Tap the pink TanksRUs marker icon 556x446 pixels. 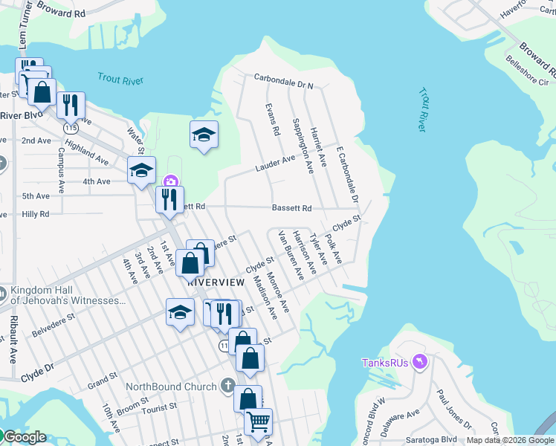pyautogui.click(x=421, y=361)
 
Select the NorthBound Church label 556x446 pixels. pyautogui.click(x=171, y=387)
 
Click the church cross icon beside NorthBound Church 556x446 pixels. pyautogui.click(x=229, y=386)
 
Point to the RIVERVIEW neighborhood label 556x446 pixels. pyautogui.click(x=216, y=282)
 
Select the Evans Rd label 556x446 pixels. pyautogui.click(x=272, y=119)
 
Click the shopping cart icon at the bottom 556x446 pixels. pyautogui.click(x=258, y=421)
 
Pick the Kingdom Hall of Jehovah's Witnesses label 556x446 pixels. pyautogui.click(x=68, y=295)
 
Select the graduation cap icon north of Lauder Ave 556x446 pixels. pyautogui.click(x=204, y=135)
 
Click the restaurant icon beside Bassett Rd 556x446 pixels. pyautogui.click(x=169, y=199)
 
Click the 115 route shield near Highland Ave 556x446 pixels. pyautogui.click(x=71, y=128)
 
